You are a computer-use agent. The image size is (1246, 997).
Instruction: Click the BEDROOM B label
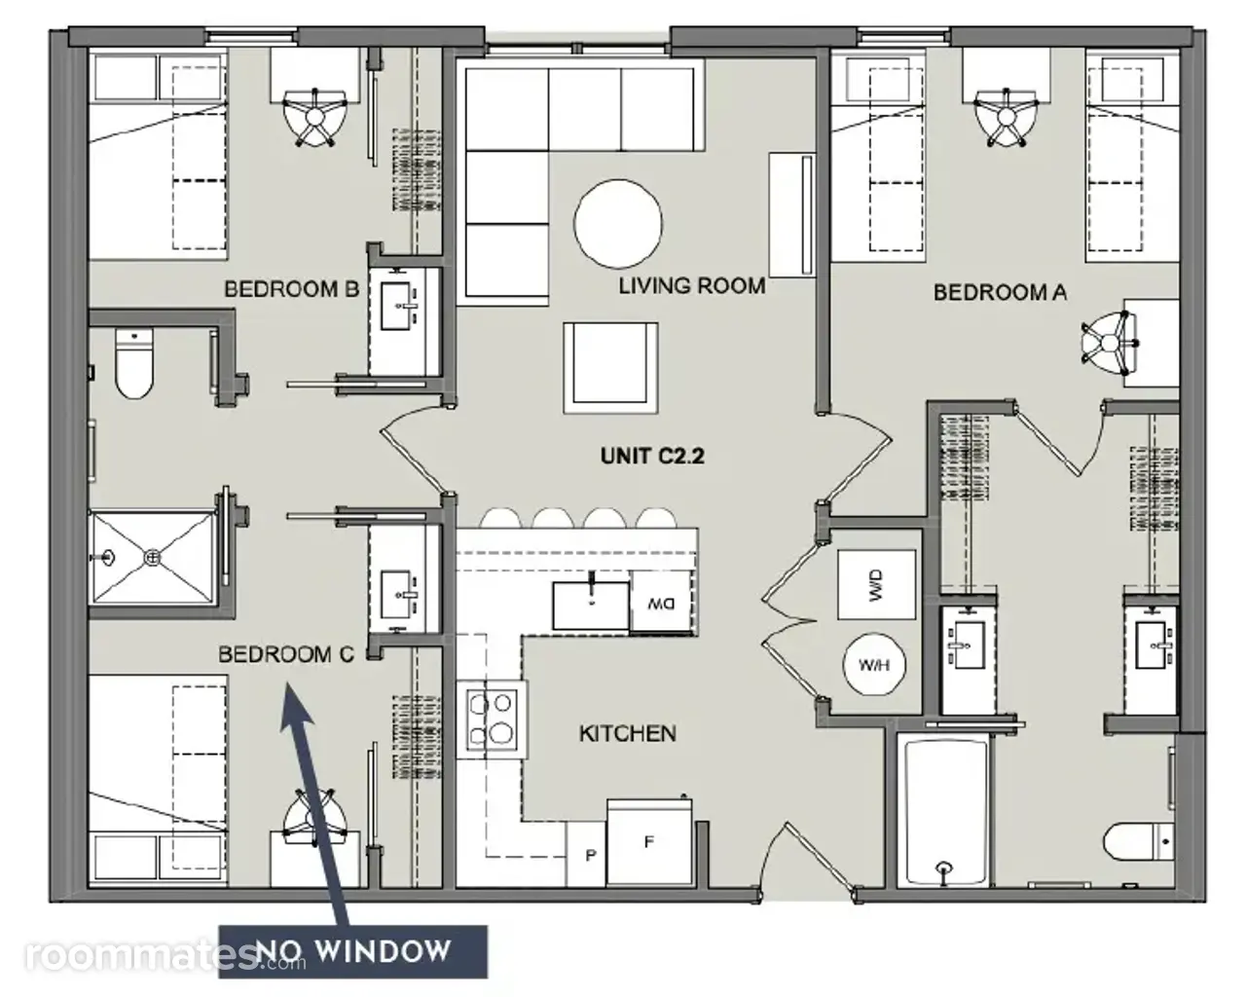(291, 288)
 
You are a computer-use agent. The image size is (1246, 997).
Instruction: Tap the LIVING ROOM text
(692, 285)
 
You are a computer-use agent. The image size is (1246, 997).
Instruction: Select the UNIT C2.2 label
(652, 456)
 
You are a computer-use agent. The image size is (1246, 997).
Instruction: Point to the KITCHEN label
(628, 733)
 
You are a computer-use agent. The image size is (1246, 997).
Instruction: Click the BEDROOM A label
(1000, 292)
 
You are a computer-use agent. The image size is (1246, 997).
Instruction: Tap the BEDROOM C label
(286, 654)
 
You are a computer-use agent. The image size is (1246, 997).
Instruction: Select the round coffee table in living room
(618, 224)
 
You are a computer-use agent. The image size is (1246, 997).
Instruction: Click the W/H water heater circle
(874, 664)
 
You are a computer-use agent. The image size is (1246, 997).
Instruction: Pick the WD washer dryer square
(876, 584)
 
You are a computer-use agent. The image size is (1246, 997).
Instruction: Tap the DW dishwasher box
(661, 602)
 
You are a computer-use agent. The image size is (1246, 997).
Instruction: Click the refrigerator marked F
(649, 842)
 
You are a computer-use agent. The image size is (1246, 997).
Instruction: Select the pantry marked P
(587, 855)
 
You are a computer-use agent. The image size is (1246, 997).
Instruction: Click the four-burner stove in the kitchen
(492, 720)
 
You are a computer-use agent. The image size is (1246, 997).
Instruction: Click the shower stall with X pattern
(152, 557)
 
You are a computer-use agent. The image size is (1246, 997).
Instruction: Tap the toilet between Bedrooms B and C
(133, 364)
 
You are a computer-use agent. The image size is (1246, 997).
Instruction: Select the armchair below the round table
(611, 368)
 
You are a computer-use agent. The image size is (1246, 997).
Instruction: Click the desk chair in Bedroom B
(314, 117)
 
